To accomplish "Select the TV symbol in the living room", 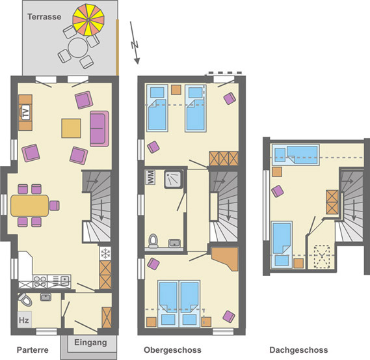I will coord(25,113).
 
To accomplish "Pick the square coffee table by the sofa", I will coord(72,128).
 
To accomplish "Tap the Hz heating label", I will coord(24,320).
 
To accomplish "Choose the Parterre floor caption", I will coord(33,350).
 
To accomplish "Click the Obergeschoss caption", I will coord(172,350).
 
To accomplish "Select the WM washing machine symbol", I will coord(153,177).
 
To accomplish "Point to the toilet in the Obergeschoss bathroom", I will coord(153,241).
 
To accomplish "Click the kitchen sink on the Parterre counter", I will coord(64,281).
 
